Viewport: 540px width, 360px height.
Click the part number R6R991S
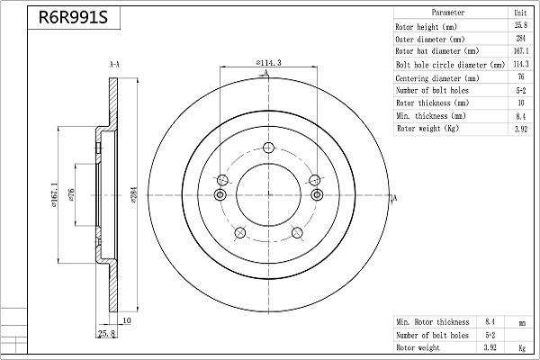(73, 17)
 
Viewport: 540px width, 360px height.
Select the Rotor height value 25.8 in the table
(521, 25)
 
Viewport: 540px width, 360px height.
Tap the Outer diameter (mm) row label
(430, 40)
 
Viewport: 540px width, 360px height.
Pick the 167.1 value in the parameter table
(521, 51)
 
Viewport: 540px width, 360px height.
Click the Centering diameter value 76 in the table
(521, 76)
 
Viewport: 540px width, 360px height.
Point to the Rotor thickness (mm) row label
(433, 103)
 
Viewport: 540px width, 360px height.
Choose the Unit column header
(520, 13)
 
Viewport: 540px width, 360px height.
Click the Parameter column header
(447, 13)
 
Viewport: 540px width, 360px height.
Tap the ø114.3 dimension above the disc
(268, 63)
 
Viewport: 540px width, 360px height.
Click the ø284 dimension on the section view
(134, 194)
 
